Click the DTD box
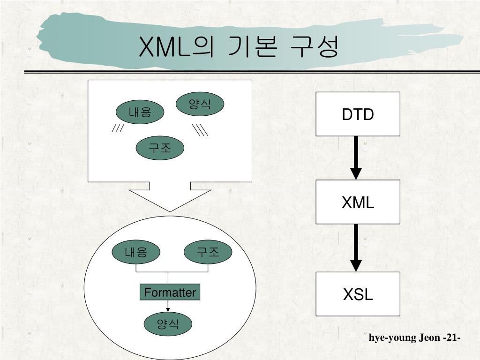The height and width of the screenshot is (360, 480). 358,114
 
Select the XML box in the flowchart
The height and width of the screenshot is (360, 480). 358,202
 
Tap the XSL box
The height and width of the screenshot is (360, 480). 358,294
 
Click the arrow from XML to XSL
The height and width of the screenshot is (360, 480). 356,248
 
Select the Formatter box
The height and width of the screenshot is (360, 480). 170,292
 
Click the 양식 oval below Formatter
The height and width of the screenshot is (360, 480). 168,323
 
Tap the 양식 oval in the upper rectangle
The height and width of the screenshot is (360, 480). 200,104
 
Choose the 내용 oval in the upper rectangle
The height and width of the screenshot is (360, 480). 140,112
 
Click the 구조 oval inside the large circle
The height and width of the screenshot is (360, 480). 208,253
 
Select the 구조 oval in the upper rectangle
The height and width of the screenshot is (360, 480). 160,149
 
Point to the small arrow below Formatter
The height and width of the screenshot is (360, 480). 168,306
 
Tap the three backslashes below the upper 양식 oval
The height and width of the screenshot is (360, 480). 201,130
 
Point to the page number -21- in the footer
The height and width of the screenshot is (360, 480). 451,337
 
